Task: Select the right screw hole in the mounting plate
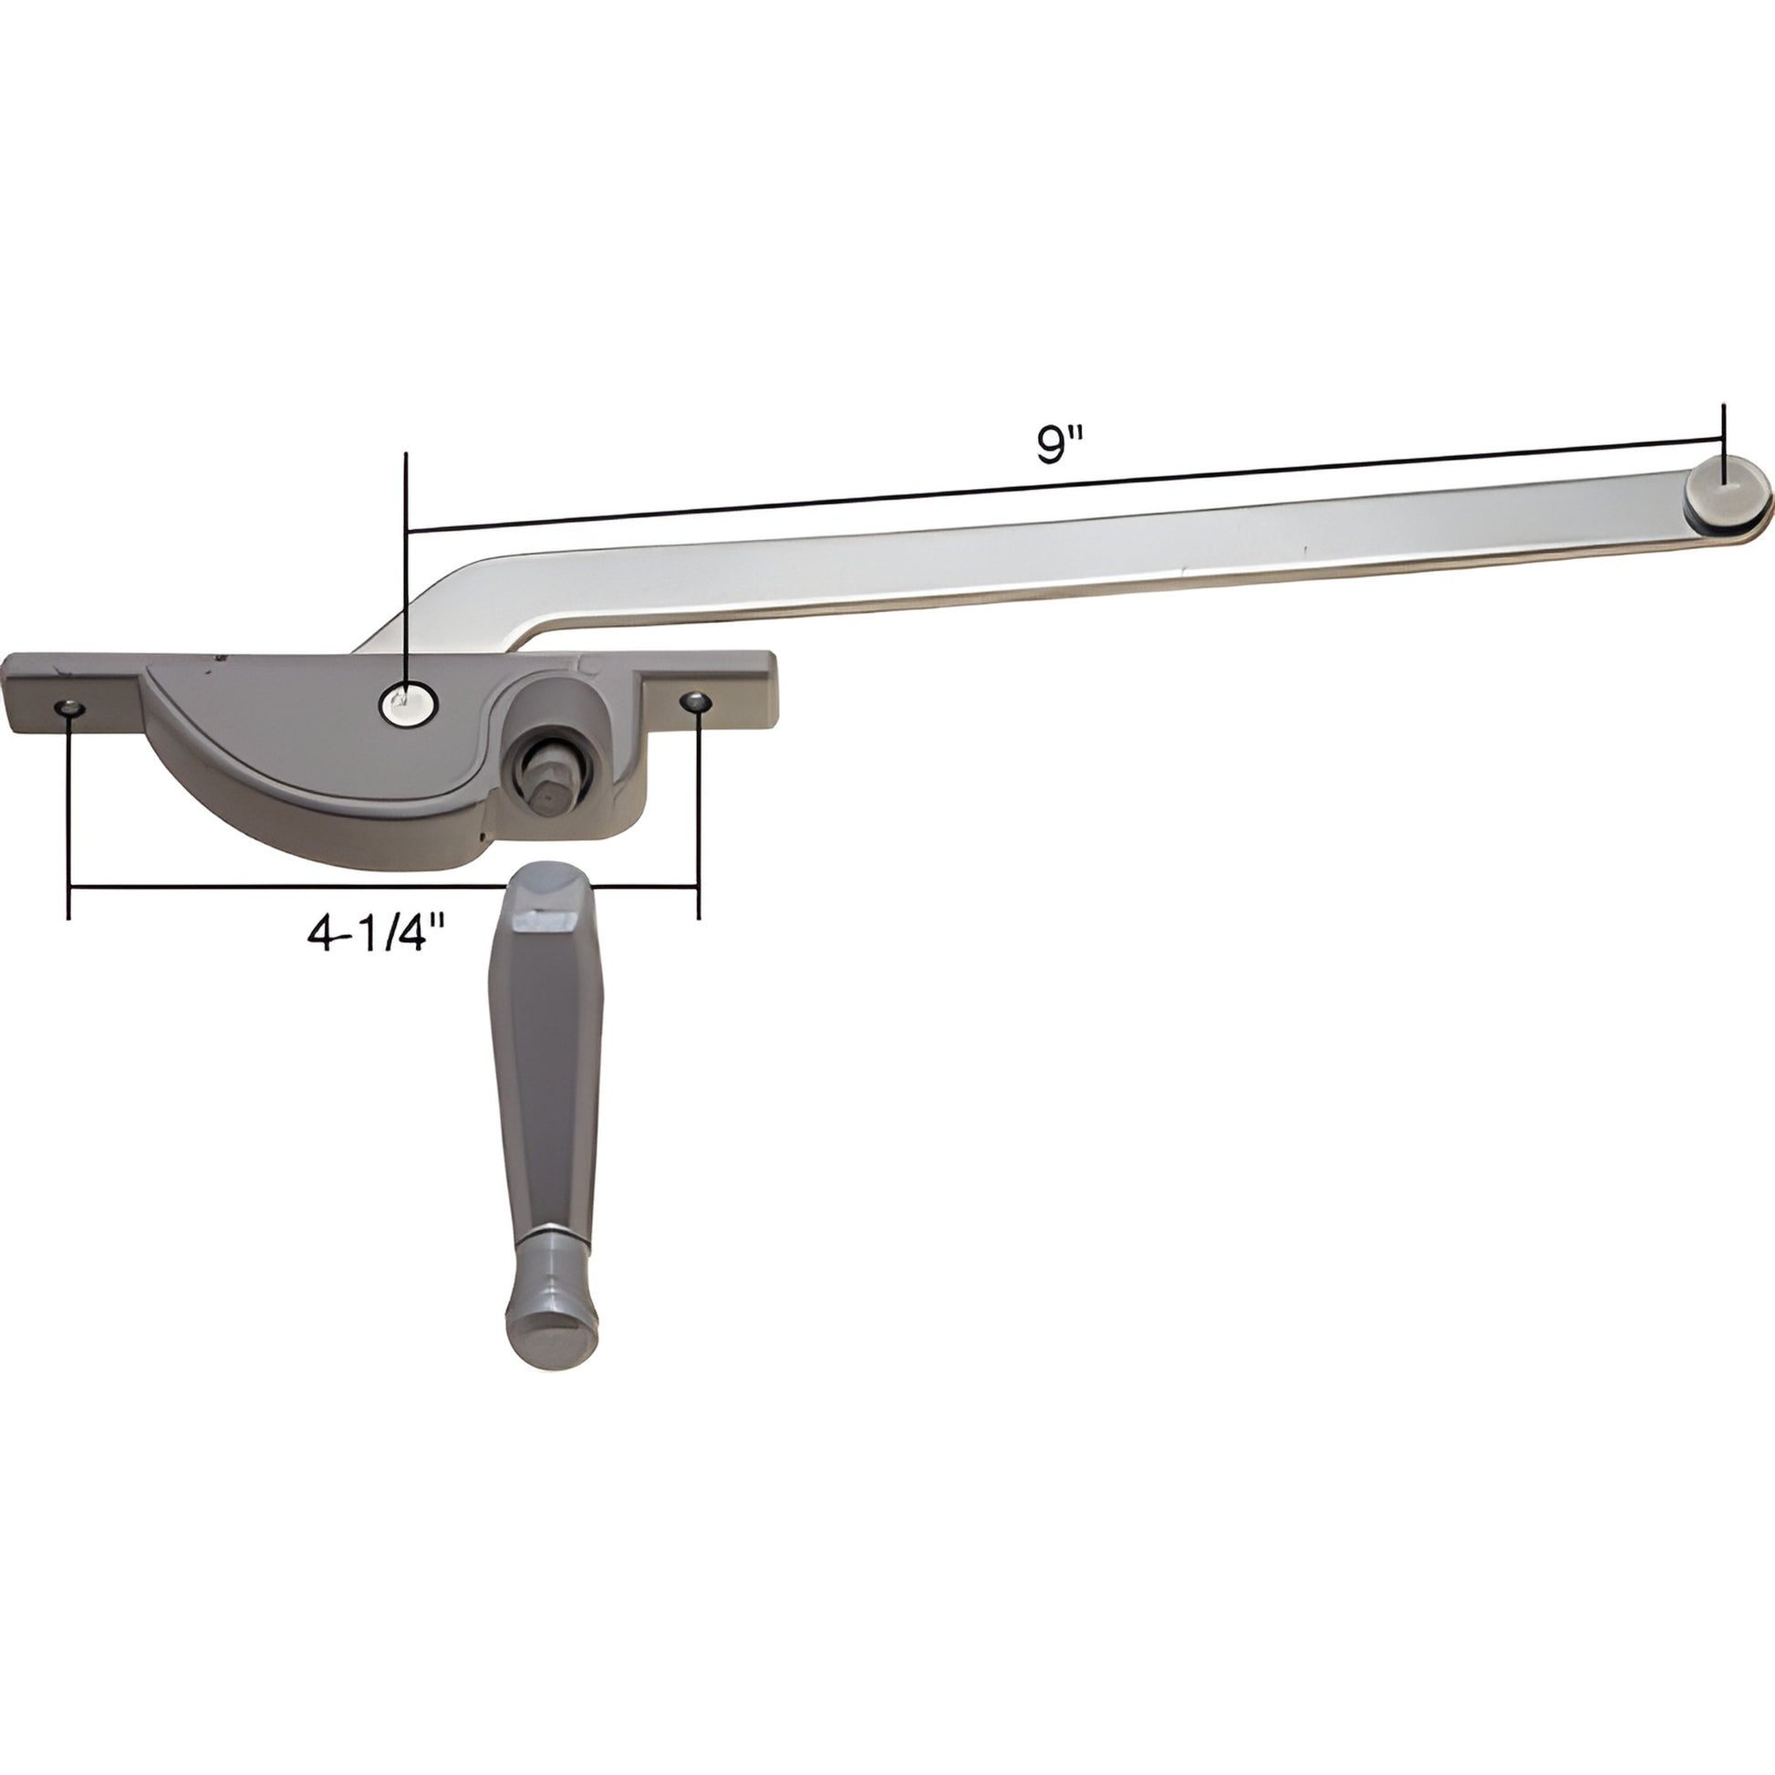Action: pos(696,702)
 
